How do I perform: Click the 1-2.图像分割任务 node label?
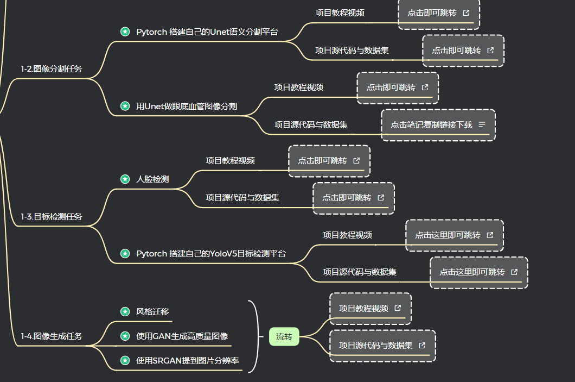tap(52, 69)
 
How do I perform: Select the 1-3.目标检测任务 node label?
tap(52, 217)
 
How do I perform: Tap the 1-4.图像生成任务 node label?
tap(52, 336)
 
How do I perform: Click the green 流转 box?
tap(284, 337)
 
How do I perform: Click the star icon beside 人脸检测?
tap(125, 179)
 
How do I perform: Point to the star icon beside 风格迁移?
tap(125, 311)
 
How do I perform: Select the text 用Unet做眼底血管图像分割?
tap(186, 106)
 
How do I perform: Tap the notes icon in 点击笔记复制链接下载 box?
tap(482, 124)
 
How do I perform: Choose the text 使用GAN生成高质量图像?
tap(182, 336)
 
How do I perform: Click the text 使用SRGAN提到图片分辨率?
tap(188, 360)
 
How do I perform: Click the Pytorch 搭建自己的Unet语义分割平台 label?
tap(207, 32)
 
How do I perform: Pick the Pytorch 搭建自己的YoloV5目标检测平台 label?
tap(210, 254)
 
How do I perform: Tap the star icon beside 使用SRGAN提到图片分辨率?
tap(125, 360)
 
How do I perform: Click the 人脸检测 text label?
tap(152, 179)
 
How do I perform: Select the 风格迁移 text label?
tap(152, 311)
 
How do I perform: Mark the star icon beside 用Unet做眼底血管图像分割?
tap(125, 106)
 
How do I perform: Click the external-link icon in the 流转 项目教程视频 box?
tap(398, 309)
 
